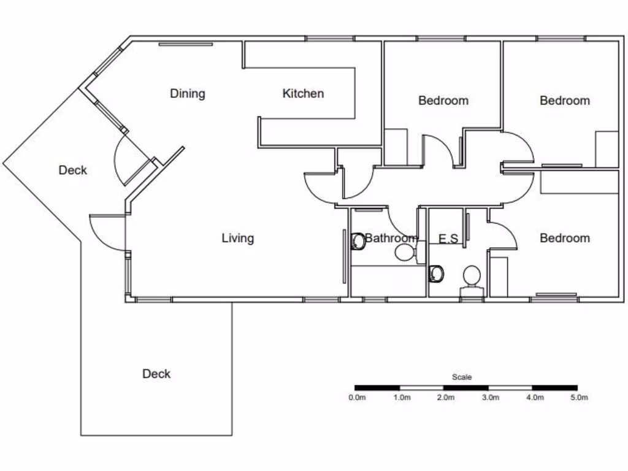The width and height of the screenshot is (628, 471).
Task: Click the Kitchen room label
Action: click(303, 94)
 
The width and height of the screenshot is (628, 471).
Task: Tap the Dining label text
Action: click(187, 94)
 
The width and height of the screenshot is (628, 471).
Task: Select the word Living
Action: click(237, 238)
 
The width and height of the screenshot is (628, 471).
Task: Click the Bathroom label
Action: click(391, 238)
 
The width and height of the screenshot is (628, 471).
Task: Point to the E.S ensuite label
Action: click(448, 239)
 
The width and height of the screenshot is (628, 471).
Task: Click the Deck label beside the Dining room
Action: click(73, 170)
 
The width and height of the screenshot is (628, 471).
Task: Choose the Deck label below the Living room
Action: click(156, 373)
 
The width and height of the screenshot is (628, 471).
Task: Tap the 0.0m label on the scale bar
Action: click(357, 397)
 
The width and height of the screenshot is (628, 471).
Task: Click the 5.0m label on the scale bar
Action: click(579, 397)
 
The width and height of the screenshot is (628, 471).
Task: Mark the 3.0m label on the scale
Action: click(491, 397)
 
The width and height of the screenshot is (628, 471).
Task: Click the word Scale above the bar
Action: click(462, 377)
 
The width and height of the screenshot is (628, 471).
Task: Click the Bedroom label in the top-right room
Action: click(565, 101)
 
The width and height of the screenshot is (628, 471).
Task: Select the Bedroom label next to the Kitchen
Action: click(443, 101)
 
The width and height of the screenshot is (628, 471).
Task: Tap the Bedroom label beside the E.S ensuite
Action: click(565, 239)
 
